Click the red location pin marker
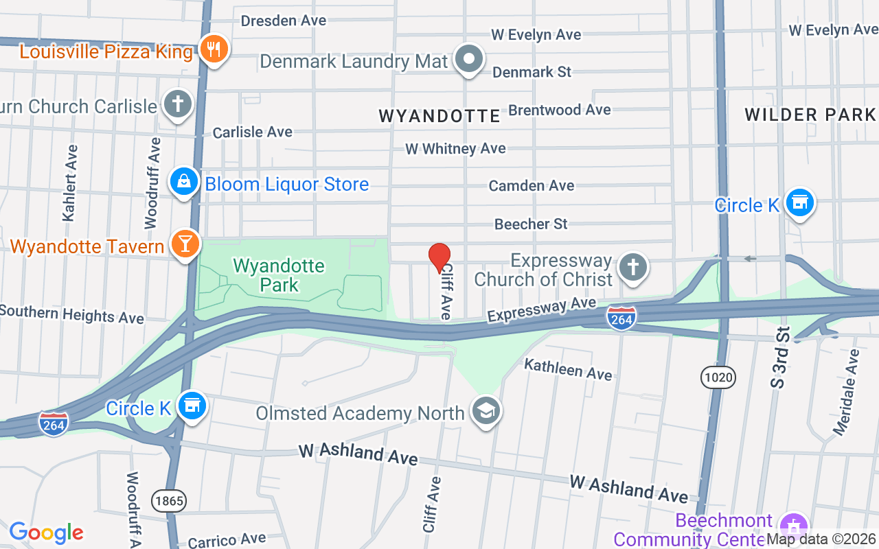click(x=439, y=258)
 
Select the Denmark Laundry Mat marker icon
click(x=470, y=59)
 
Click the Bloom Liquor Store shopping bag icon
click(x=184, y=182)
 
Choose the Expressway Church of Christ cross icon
click(x=632, y=267)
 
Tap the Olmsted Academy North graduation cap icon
click(x=486, y=411)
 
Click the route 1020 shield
click(x=718, y=377)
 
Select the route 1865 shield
click(x=169, y=501)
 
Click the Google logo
click(x=47, y=533)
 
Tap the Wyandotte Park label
click(x=279, y=274)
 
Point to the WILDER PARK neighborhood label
click(x=810, y=114)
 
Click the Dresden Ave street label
click(x=283, y=21)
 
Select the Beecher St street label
click(x=531, y=224)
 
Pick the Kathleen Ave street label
click(x=568, y=369)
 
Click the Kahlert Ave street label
click(x=69, y=183)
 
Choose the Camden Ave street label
click(x=531, y=185)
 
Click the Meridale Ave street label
click(x=845, y=392)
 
